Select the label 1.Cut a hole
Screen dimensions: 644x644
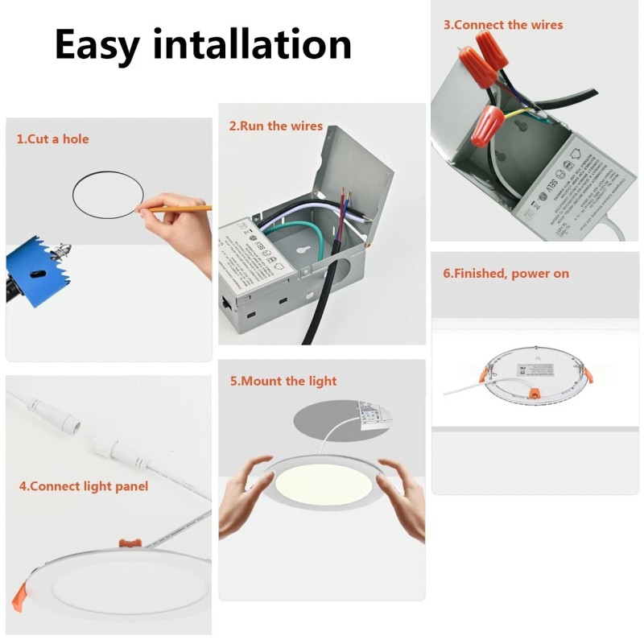52,139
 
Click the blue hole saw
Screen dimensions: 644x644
35,266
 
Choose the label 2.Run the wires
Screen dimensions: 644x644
275,126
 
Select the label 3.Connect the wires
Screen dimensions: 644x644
503,25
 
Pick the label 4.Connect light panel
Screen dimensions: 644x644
83,486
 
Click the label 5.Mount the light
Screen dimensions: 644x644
283,381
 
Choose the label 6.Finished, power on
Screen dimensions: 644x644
506,274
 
